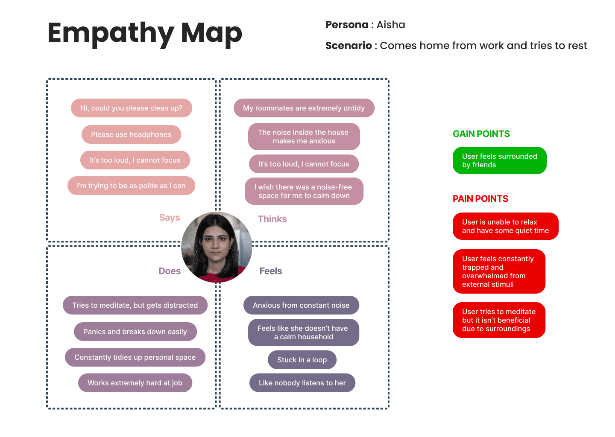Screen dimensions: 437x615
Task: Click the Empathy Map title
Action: click(x=145, y=33)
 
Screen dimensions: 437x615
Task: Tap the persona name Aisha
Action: click(x=390, y=25)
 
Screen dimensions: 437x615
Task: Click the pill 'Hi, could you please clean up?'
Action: click(x=132, y=108)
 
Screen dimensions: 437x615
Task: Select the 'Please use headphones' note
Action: click(x=131, y=134)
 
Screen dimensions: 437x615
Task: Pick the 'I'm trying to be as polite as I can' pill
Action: click(x=131, y=186)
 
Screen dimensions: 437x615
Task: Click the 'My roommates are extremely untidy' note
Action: click(x=304, y=108)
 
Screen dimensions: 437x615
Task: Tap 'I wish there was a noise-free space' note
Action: click(x=304, y=191)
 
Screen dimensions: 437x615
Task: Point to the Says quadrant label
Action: click(x=170, y=218)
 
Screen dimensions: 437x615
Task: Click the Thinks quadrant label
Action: click(x=272, y=219)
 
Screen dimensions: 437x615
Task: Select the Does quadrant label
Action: click(x=170, y=271)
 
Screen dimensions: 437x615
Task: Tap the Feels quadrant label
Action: click(x=271, y=271)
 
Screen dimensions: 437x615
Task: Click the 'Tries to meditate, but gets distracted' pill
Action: click(x=135, y=305)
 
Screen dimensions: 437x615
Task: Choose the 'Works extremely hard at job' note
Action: click(x=135, y=383)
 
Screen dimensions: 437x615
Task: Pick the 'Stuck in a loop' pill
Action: click(x=302, y=360)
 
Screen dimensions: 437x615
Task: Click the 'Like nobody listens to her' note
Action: click(x=302, y=383)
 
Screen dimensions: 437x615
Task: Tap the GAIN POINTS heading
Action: click(x=481, y=134)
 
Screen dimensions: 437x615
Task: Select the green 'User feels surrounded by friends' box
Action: click(x=499, y=160)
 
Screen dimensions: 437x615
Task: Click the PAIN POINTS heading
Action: click(x=480, y=199)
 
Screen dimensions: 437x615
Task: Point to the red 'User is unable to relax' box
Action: click(x=505, y=226)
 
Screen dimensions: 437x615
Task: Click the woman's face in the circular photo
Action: click(x=217, y=243)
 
